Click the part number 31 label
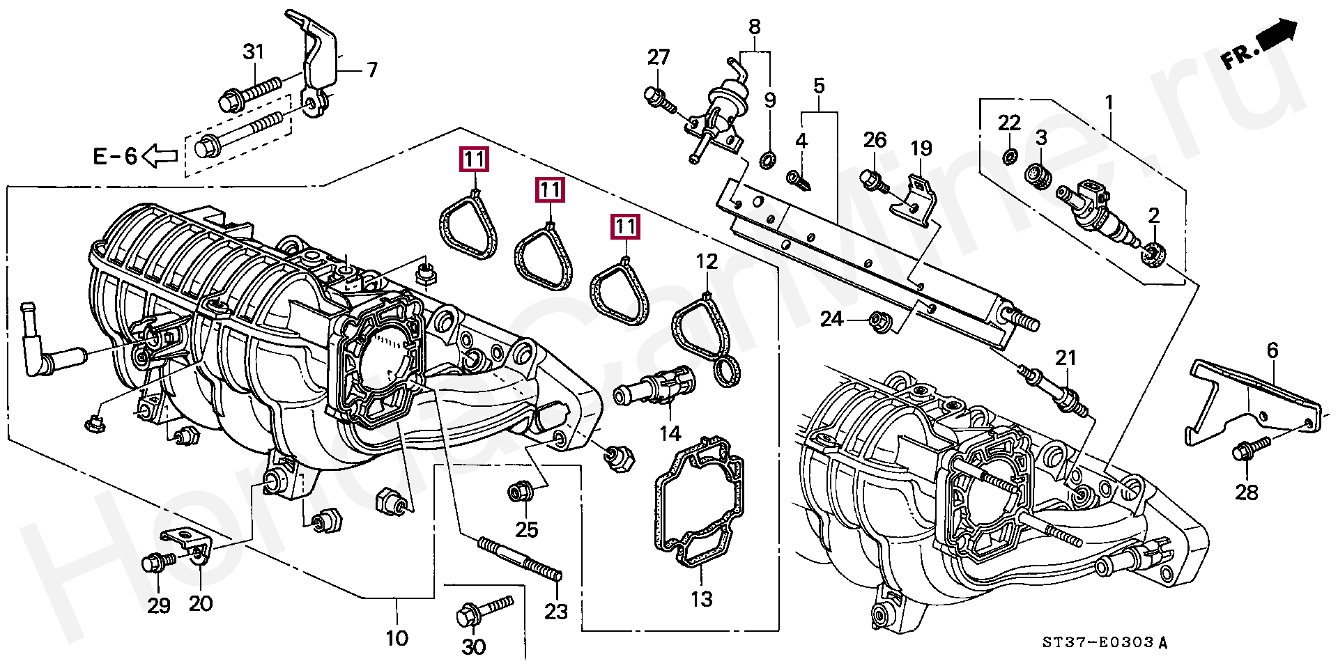(254, 52)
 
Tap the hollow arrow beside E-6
(160, 155)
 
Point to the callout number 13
(701, 599)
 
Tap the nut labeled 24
(877, 322)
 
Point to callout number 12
(707, 262)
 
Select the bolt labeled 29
(155, 562)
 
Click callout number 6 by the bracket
(1272, 350)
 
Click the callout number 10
(397, 637)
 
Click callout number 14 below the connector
(670, 434)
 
